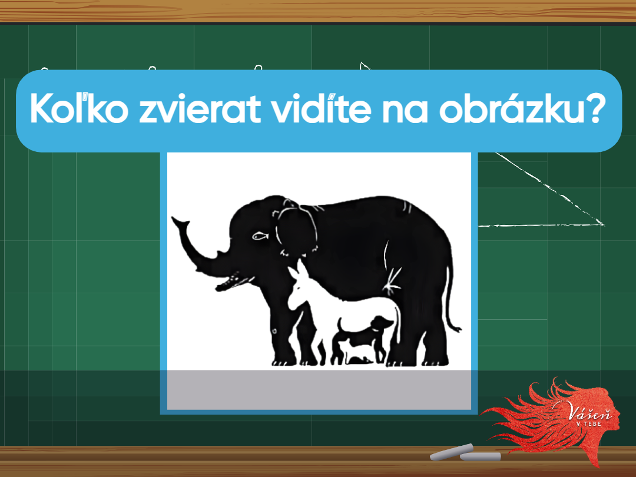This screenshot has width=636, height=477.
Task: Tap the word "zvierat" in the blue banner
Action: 200,109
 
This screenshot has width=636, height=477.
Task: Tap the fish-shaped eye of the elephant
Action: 260,235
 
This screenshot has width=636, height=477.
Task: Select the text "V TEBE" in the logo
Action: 589,424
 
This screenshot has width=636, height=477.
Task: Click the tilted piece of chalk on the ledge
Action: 452,452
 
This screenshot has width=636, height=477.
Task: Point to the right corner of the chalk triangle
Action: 604,224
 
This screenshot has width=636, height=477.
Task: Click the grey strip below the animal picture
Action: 319,390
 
